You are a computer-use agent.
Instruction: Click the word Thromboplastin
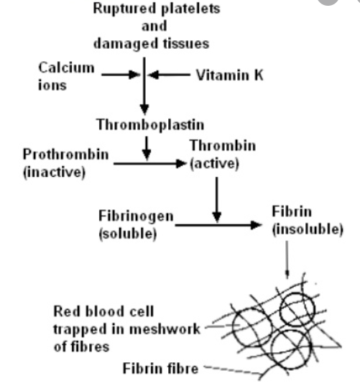(x=150, y=124)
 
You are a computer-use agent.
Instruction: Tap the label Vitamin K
(x=230, y=75)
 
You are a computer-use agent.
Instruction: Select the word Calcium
(x=66, y=68)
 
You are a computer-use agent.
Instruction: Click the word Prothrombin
(x=65, y=155)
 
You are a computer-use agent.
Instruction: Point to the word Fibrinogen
(x=136, y=216)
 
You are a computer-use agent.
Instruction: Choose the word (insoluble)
(x=308, y=229)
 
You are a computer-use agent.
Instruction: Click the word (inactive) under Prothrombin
(x=54, y=172)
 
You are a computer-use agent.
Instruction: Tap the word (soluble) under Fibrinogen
(x=128, y=234)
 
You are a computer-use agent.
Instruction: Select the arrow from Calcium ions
(x=121, y=74)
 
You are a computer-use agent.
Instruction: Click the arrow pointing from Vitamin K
(x=170, y=74)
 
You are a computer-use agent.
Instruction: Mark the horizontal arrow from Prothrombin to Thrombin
(x=149, y=163)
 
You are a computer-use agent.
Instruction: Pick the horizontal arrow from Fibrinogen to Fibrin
(x=218, y=225)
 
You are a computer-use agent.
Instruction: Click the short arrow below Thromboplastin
(x=147, y=148)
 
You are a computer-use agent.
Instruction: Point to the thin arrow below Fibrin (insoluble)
(x=287, y=259)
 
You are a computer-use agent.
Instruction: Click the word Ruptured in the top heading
(x=124, y=9)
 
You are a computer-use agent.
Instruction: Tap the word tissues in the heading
(x=186, y=44)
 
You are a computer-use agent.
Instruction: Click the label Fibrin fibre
(x=160, y=369)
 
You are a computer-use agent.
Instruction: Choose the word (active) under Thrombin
(x=214, y=164)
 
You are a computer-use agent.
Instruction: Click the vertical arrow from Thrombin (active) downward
(x=216, y=200)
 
